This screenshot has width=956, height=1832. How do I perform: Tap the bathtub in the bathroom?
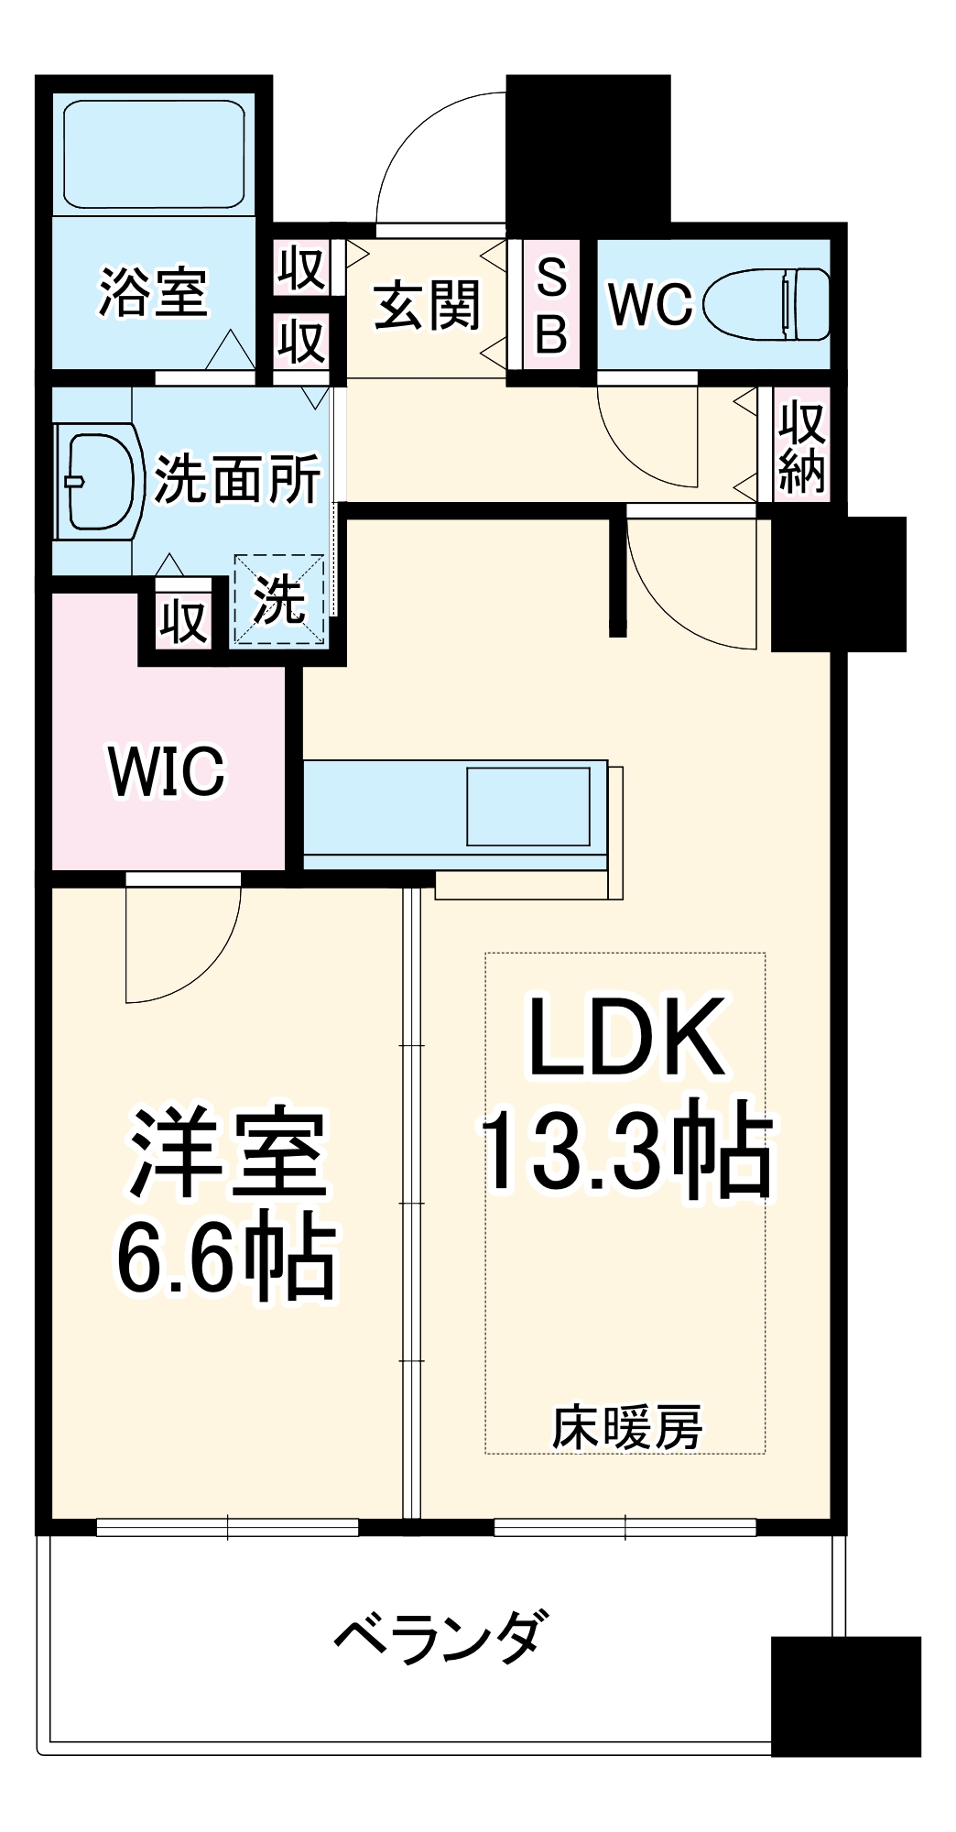(153, 153)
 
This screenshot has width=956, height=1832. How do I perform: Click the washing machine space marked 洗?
(278, 599)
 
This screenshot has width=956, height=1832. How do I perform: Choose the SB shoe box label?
(551, 305)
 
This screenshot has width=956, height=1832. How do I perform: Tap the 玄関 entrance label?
(427, 304)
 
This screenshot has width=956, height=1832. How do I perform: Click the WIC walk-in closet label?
(167, 771)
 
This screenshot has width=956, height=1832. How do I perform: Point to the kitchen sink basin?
(528, 806)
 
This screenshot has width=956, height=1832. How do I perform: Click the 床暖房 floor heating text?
(626, 1427)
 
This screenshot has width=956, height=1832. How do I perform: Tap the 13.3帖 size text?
(626, 1150)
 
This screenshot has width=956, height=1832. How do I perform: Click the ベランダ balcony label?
(440, 1638)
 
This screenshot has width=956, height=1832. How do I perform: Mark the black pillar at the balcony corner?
(845, 1695)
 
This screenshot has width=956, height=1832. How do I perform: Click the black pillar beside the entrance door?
(588, 151)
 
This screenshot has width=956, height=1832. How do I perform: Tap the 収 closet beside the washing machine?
(183, 622)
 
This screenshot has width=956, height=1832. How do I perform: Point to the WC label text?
(651, 304)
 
